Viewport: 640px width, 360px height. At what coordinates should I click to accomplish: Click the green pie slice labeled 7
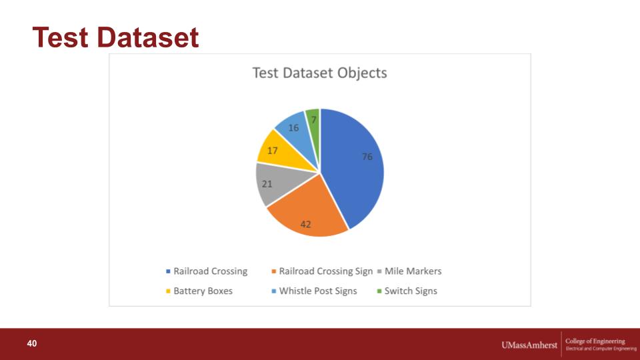[x=313, y=123]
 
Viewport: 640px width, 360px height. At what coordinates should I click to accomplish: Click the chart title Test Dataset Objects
[x=319, y=73]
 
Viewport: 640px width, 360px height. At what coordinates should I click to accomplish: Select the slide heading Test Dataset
[x=115, y=37]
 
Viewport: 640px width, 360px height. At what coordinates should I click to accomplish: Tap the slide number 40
[x=32, y=343]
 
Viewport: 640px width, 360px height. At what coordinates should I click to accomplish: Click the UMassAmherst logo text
[x=529, y=345]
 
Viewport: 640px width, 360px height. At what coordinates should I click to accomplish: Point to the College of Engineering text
[x=595, y=341]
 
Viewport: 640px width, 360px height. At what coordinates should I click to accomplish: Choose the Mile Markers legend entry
[x=409, y=271]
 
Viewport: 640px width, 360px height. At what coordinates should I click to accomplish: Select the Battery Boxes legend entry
[x=199, y=291]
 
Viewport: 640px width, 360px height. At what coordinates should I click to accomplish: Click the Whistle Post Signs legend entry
[x=314, y=291]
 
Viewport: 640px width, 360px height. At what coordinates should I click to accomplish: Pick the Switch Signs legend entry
[x=407, y=291]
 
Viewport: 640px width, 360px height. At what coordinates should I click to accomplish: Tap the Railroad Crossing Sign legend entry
[x=322, y=271]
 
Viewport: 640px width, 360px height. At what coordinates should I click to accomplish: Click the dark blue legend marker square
[x=168, y=271]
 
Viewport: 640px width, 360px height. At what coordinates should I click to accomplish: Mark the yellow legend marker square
[x=168, y=291]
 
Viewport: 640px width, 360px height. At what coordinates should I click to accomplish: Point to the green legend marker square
[x=379, y=291]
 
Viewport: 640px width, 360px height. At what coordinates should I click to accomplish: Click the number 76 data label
[x=367, y=157]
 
